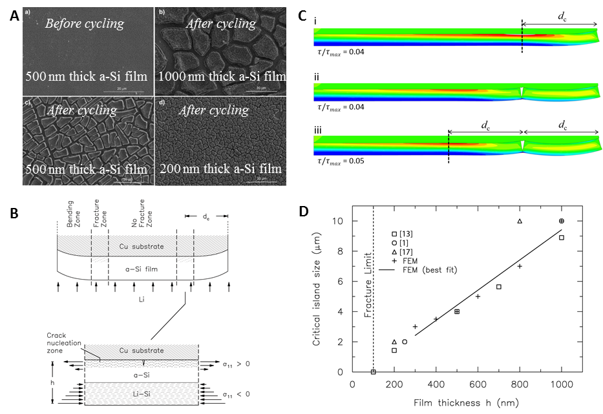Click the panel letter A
(x=15, y=17)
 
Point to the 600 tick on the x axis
(x=478, y=384)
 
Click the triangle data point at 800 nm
(x=520, y=222)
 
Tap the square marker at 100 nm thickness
(x=374, y=372)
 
